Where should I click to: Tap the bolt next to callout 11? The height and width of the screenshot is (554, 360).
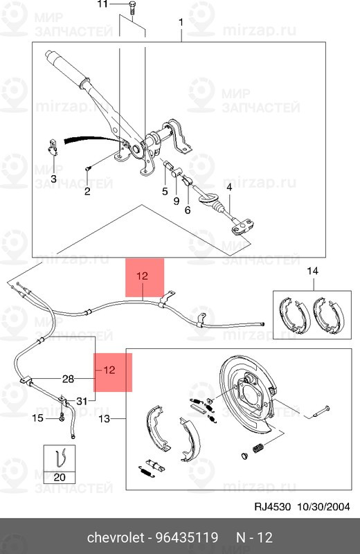click(x=132, y=8)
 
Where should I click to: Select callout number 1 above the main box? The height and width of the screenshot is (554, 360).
click(x=181, y=23)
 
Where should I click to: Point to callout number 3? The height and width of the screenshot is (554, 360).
click(x=53, y=179)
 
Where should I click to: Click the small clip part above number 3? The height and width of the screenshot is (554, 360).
click(x=53, y=148)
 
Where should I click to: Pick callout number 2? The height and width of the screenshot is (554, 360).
click(x=87, y=191)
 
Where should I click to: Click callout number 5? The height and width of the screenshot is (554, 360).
click(x=165, y=192)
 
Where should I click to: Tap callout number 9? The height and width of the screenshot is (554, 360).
click(x=177, y=201)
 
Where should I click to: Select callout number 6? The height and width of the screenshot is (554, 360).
click(x=188, y=210)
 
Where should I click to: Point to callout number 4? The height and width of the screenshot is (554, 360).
click(x=229, y=188)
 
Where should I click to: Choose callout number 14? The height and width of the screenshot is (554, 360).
click(x=313, y=271)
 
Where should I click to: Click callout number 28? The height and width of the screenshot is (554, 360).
click(x=68, y=379)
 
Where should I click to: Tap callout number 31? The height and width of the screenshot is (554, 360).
click(x=82, y=401)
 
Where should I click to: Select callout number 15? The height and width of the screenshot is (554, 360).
click(x=37, y=418)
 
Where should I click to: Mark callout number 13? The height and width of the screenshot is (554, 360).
click(x=105, y=419)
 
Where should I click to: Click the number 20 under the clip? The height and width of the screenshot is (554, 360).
click(x=60, y=477)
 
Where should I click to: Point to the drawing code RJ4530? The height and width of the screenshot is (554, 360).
click(x=272, y=507)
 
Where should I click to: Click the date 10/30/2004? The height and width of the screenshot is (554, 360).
click(x=323, y=507)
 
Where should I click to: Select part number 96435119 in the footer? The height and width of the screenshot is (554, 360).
click(x=187, y=538)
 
